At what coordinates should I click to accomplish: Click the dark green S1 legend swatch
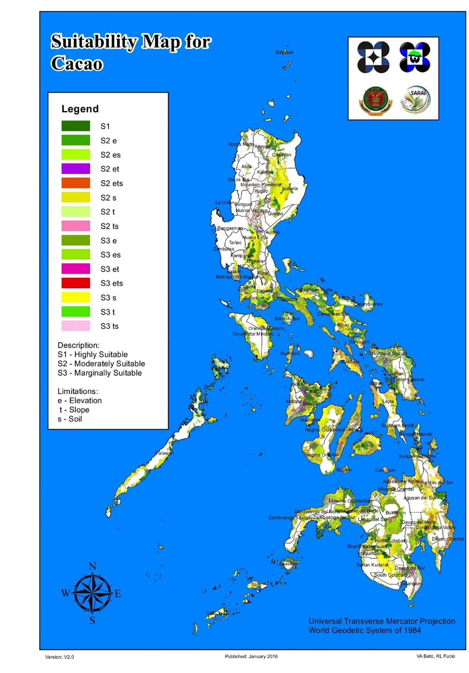pos(76,126)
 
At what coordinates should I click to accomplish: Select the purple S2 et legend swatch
pos(76,169)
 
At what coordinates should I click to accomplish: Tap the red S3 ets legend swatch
pos(76,283)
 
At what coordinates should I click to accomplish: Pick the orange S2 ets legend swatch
pos(76,183)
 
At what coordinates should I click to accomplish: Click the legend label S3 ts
pos(109,326)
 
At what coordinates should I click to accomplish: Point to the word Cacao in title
pos(77,64)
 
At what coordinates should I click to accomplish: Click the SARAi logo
pos(416,100)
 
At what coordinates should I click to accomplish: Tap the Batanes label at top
pos(284,52)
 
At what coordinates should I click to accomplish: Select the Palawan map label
pos(164,453)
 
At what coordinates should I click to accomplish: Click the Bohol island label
pos(367,445)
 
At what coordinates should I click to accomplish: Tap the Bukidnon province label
pos(395,513)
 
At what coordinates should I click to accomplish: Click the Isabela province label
pos(290,189)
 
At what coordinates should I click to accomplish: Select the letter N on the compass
pos(93,566)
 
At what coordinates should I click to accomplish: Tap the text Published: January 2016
pos(251,656)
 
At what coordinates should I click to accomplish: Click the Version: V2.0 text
pos(59,657)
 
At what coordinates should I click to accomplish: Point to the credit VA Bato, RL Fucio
pos(435,656)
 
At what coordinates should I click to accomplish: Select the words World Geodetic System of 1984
pos(365,630)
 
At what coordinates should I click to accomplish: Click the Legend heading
pos(80,109)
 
